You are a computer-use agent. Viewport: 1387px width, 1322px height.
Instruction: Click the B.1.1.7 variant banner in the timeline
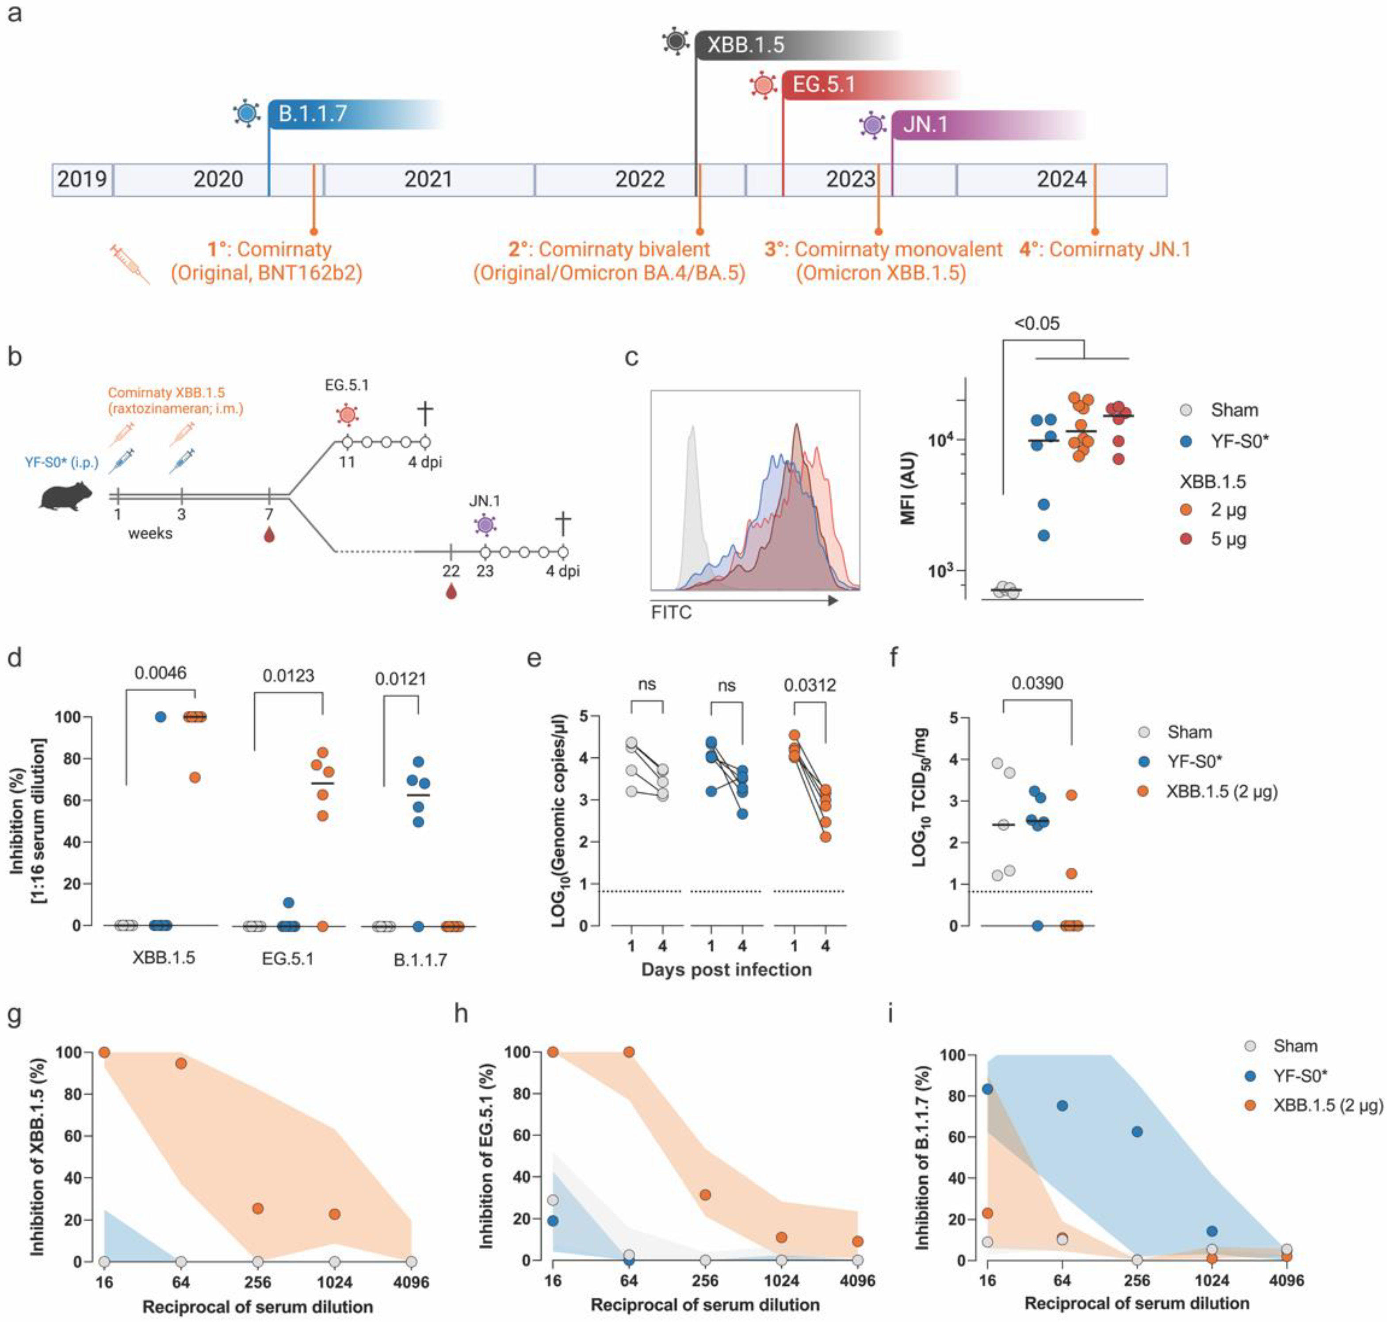click(331, 114)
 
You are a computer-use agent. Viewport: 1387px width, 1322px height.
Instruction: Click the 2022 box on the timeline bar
click(639, 180)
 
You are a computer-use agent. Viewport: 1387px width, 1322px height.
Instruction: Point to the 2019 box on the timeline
click(82, 180)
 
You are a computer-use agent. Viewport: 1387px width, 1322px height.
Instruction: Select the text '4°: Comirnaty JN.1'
click(1104, 249)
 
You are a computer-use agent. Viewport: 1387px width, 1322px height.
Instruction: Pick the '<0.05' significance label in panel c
click(1037, 324)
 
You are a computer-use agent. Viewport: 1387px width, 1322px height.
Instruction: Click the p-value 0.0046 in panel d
click(160, 673)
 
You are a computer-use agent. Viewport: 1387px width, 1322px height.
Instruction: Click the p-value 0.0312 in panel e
click(810, 684)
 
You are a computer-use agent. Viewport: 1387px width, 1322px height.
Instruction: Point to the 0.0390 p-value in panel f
click(1037, 683)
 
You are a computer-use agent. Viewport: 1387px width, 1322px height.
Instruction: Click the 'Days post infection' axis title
click(726, 970)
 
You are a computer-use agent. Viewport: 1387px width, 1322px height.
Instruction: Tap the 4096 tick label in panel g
click(411, 1281)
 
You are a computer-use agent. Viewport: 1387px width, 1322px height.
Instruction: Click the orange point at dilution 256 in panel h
click(705, 1195)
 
